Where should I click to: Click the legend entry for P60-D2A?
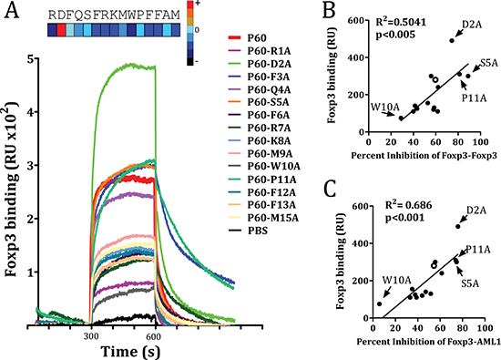260,64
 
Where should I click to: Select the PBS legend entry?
248,231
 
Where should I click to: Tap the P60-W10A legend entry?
264,166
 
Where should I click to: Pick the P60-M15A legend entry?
263,218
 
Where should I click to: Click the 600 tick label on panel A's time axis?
153,337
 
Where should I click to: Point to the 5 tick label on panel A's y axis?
32,60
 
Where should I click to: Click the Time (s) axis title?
130,352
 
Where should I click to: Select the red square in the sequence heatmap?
61,30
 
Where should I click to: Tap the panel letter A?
12,11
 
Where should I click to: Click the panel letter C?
330,189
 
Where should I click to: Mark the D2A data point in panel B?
452,41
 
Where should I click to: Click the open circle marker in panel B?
435,79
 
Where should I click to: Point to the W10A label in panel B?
385,107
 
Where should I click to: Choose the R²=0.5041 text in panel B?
401,22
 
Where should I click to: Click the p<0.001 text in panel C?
404,218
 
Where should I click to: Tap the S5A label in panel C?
470,283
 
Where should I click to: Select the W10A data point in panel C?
379,303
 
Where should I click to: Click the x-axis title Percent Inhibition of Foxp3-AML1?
428,342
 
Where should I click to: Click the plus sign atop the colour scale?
197,4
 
